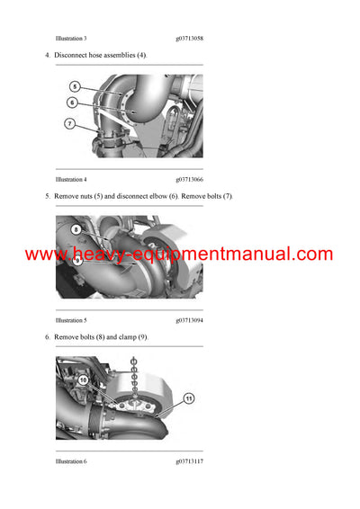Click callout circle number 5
[76, 87]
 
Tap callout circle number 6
[72, 103]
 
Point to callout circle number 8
[76, 230]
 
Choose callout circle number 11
[189, 397]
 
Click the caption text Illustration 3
[71, 39]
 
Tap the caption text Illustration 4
[71, 179]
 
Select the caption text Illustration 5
[71, 320]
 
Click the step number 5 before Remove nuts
[47, 196]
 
